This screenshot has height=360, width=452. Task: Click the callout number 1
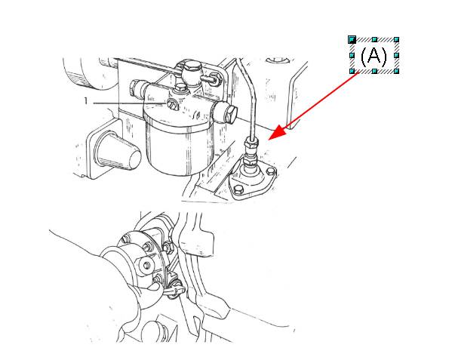coord(85,101)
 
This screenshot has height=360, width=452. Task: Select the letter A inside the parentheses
coord(374,55)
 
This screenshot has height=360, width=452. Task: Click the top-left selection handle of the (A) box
coord(352,39)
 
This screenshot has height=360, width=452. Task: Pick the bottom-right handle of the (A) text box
coord(396,71)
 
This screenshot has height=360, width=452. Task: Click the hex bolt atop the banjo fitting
coord(192,69)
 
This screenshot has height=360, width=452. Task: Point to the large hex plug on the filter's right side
coord(230,115)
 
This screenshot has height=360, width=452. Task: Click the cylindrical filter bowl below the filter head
coord(180,150)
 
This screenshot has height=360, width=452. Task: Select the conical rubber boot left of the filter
coord(118,151)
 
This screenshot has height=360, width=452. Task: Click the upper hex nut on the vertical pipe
coord(251,142)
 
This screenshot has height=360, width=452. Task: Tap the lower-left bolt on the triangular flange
coord(238,189)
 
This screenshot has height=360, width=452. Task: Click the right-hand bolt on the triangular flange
coord(270,172)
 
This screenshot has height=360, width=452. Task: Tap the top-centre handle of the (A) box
coord(374,39)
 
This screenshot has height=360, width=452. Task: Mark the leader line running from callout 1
coord(130,103)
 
